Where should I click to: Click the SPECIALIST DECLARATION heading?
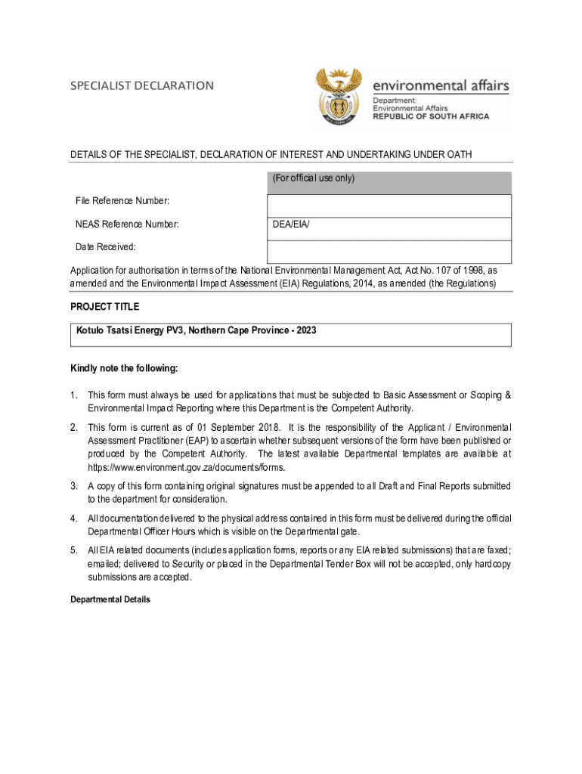point(142,85)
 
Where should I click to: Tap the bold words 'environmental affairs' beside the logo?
point(441,86)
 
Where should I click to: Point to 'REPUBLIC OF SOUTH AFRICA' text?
point(431,116)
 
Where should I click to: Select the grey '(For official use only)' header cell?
point(389,180)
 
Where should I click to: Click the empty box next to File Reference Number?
point(389,206)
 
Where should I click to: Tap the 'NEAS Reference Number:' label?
point(127,224)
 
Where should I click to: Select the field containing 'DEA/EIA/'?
point(389,229)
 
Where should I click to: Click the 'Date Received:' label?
point(106,247)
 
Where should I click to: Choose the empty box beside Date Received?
point(389,252)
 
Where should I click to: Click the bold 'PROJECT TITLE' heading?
point(104,307)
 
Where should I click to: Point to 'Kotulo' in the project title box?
point(91,330)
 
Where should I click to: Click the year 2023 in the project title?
point(306,330)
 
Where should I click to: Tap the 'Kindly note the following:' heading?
point(124,368)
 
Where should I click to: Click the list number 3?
point(74,486)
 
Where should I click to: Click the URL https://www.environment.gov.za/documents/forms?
point(186,466)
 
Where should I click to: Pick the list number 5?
point(74,550)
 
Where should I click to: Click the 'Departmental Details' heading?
point(110,599)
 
